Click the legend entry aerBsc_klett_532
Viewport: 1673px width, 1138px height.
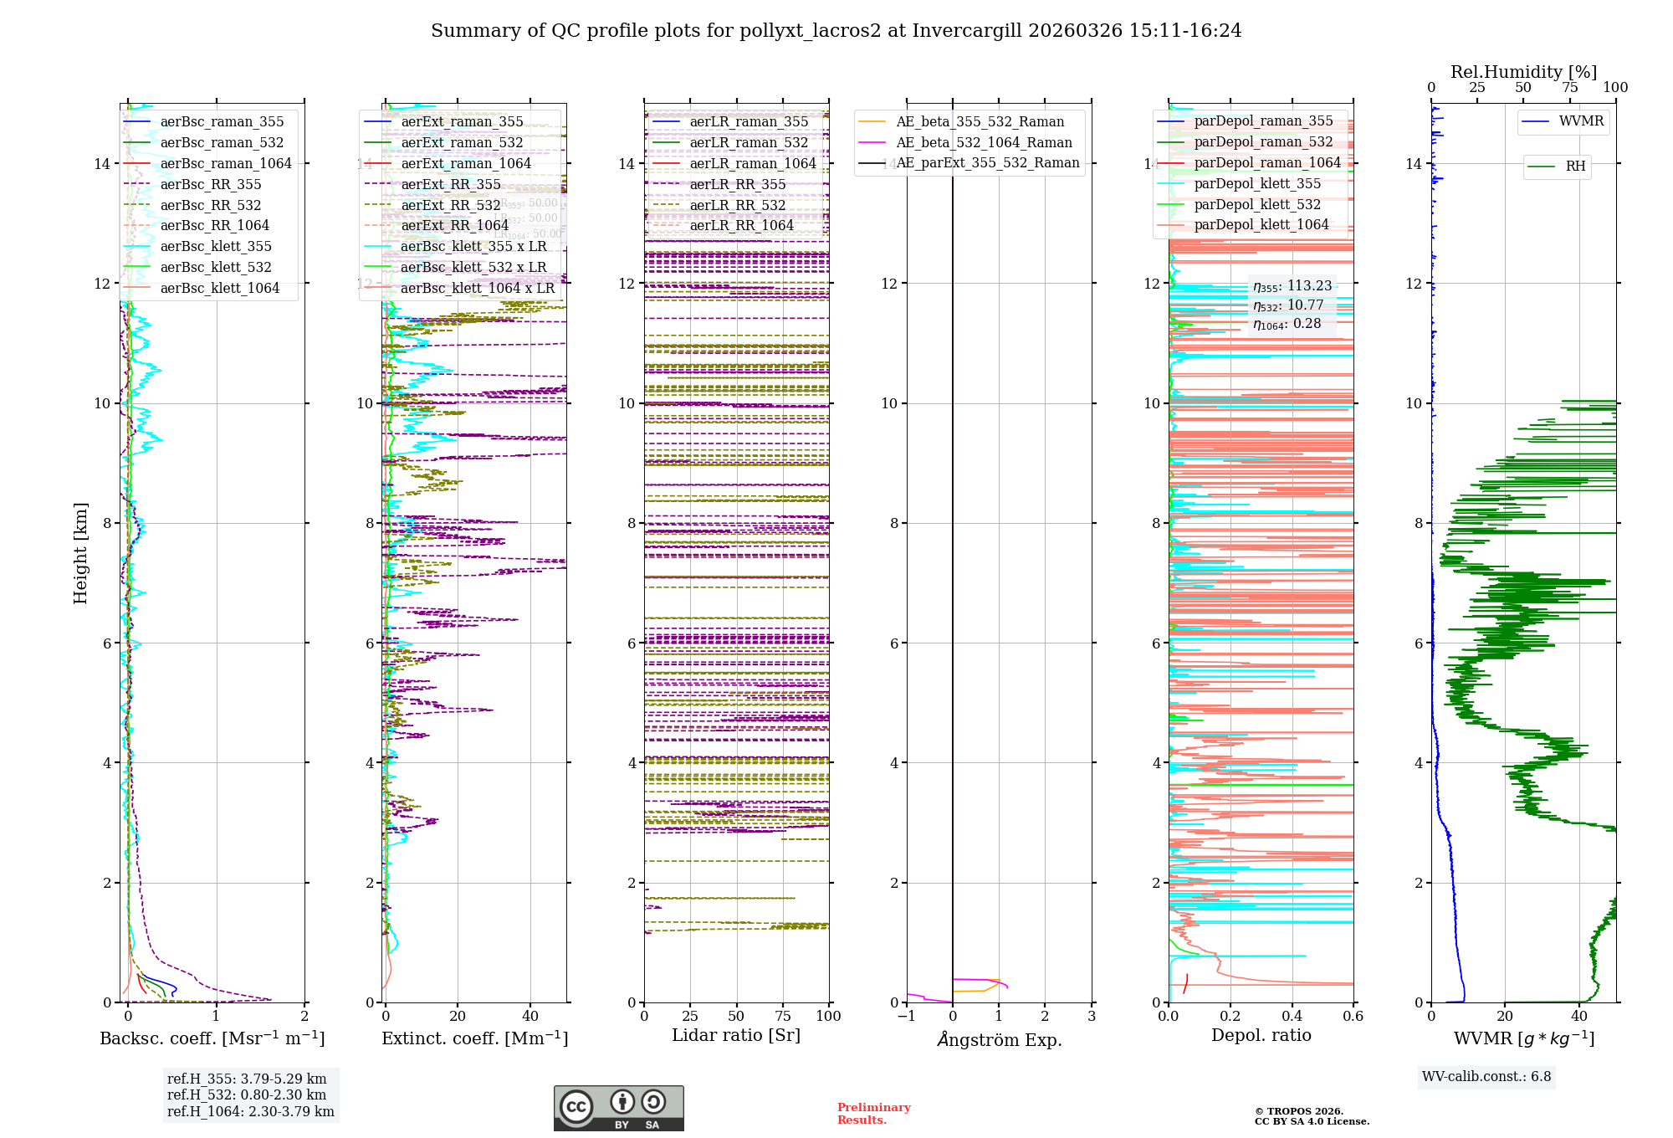pos(216,268)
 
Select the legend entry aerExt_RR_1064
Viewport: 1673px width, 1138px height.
pos(454,226)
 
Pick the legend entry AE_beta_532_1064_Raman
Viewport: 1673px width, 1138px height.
pos(984,143)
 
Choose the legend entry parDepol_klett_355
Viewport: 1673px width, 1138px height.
pos(1257,184)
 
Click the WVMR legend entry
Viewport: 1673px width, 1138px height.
pos(1581,121)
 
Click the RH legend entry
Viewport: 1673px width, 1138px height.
pos(1575,167)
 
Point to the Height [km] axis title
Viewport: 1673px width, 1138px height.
pos(80,553)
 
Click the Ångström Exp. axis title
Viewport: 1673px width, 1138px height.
pos(999,1040)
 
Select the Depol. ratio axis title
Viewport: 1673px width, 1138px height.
pos(1261,1036)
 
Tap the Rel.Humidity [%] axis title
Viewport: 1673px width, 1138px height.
pos(1523,72)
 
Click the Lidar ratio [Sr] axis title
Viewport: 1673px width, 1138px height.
pos(736,1036)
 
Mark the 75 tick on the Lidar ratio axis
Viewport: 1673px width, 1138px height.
pos(783,1017)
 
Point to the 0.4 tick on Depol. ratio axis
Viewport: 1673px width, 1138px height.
pos(1292,1017)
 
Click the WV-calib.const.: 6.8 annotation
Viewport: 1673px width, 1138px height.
pos(1486,1077)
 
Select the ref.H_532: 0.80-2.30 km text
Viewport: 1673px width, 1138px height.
pos(247,1095)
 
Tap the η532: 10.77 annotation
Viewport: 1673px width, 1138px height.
pos(1288,305)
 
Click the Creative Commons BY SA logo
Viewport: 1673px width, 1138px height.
pos(618,1108)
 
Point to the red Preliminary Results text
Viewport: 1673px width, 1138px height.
pos(873,1114)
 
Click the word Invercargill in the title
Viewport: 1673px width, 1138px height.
pos(967,31)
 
